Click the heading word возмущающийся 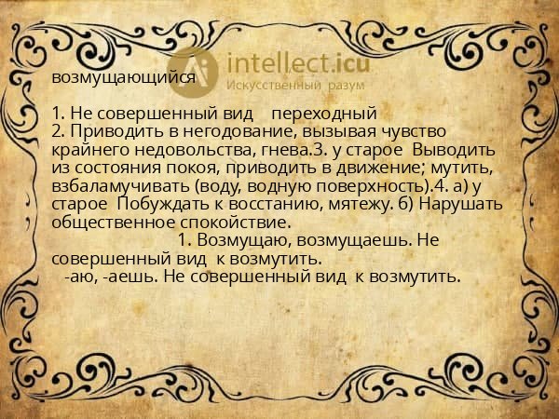124,78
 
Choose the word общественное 113,222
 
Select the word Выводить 452,149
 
